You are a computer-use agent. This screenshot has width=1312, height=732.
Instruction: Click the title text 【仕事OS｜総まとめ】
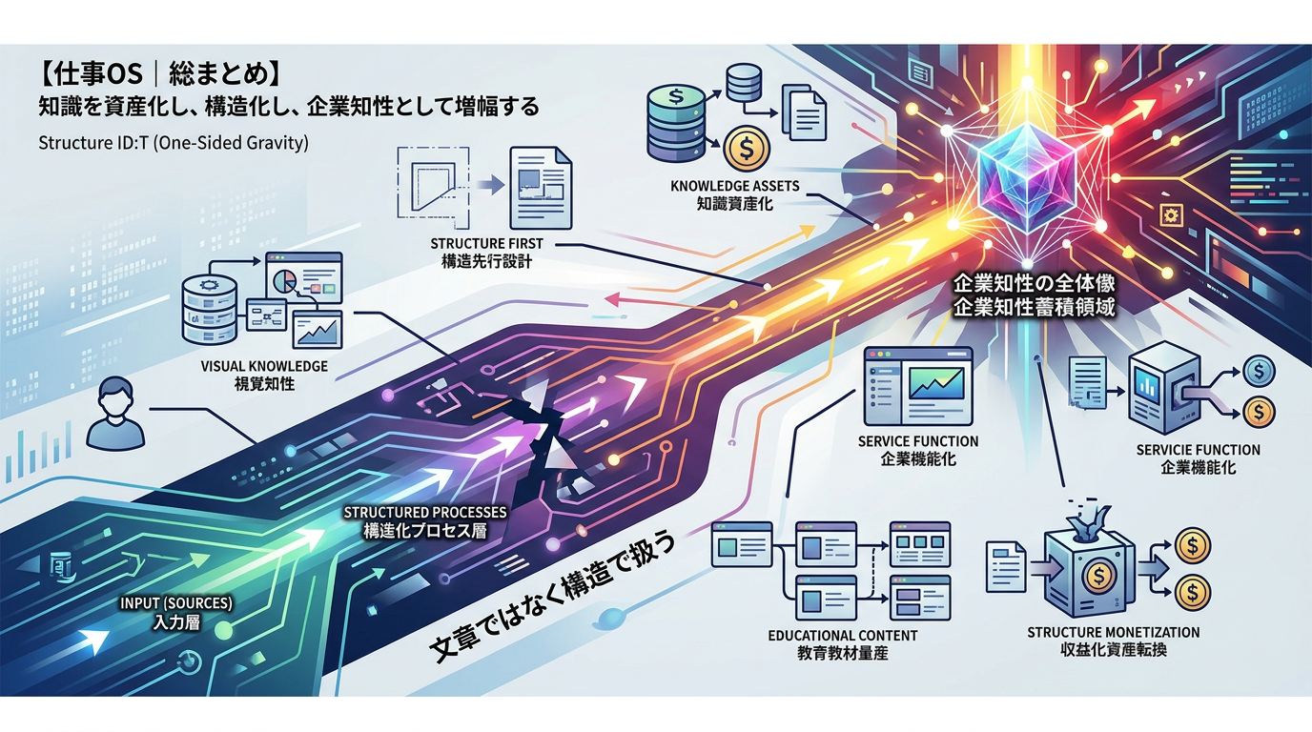coord(160,74)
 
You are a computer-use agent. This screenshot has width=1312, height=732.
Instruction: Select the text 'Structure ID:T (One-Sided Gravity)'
coord(174,143)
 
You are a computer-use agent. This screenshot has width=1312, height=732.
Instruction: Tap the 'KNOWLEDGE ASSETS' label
coord(734,186)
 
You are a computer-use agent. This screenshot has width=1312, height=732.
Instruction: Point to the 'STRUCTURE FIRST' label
coord(486,244)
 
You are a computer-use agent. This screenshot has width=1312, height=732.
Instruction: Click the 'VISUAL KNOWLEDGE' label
coord(264,367)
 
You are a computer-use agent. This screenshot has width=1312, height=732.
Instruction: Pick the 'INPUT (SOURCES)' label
coord(176,603)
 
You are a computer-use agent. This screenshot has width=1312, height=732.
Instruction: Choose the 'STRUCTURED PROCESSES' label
coord(424,513)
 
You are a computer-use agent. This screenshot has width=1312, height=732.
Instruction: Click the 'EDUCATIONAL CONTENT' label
coord(843,636)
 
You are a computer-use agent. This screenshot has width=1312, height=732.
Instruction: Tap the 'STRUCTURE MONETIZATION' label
coord(1114,633)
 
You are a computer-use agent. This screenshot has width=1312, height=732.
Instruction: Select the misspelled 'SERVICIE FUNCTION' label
coord(1198,450)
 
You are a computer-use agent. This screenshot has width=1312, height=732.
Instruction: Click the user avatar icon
coord(115,413)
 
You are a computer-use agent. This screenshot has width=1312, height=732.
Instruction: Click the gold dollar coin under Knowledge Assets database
coord(746,148)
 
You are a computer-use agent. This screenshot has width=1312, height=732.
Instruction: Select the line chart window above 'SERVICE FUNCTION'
coord(918,387)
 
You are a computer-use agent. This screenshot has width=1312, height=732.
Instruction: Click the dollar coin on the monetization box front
coord(1098,578)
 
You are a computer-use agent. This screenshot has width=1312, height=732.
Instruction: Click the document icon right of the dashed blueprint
coord(540,188)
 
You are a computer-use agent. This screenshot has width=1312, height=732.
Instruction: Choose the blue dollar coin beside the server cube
coord(1260,371)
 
